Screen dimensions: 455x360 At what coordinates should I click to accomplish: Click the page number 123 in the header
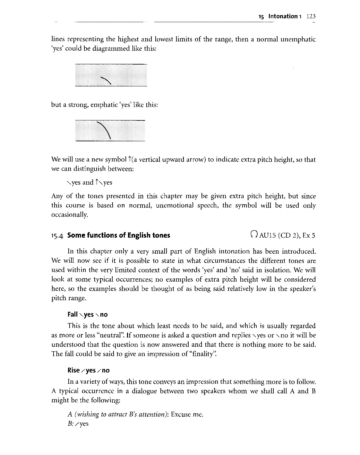(x=311, y=16)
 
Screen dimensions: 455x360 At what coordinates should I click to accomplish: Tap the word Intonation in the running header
(x=283, y=16)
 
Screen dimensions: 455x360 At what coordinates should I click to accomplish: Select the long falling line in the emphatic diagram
(x=104, y=130)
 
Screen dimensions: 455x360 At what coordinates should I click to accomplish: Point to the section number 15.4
(x=58, y=235)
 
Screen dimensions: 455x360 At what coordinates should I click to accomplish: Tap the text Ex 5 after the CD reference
(x=309, y=235)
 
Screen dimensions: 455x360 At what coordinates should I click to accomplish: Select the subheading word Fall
(x=73, y=314)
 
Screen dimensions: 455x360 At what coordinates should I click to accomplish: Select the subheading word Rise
(x=73, y=370)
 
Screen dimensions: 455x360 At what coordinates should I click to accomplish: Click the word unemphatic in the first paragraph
(x=298, y=39)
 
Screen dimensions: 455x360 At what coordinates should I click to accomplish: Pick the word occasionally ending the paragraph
(x=69, y=215)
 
